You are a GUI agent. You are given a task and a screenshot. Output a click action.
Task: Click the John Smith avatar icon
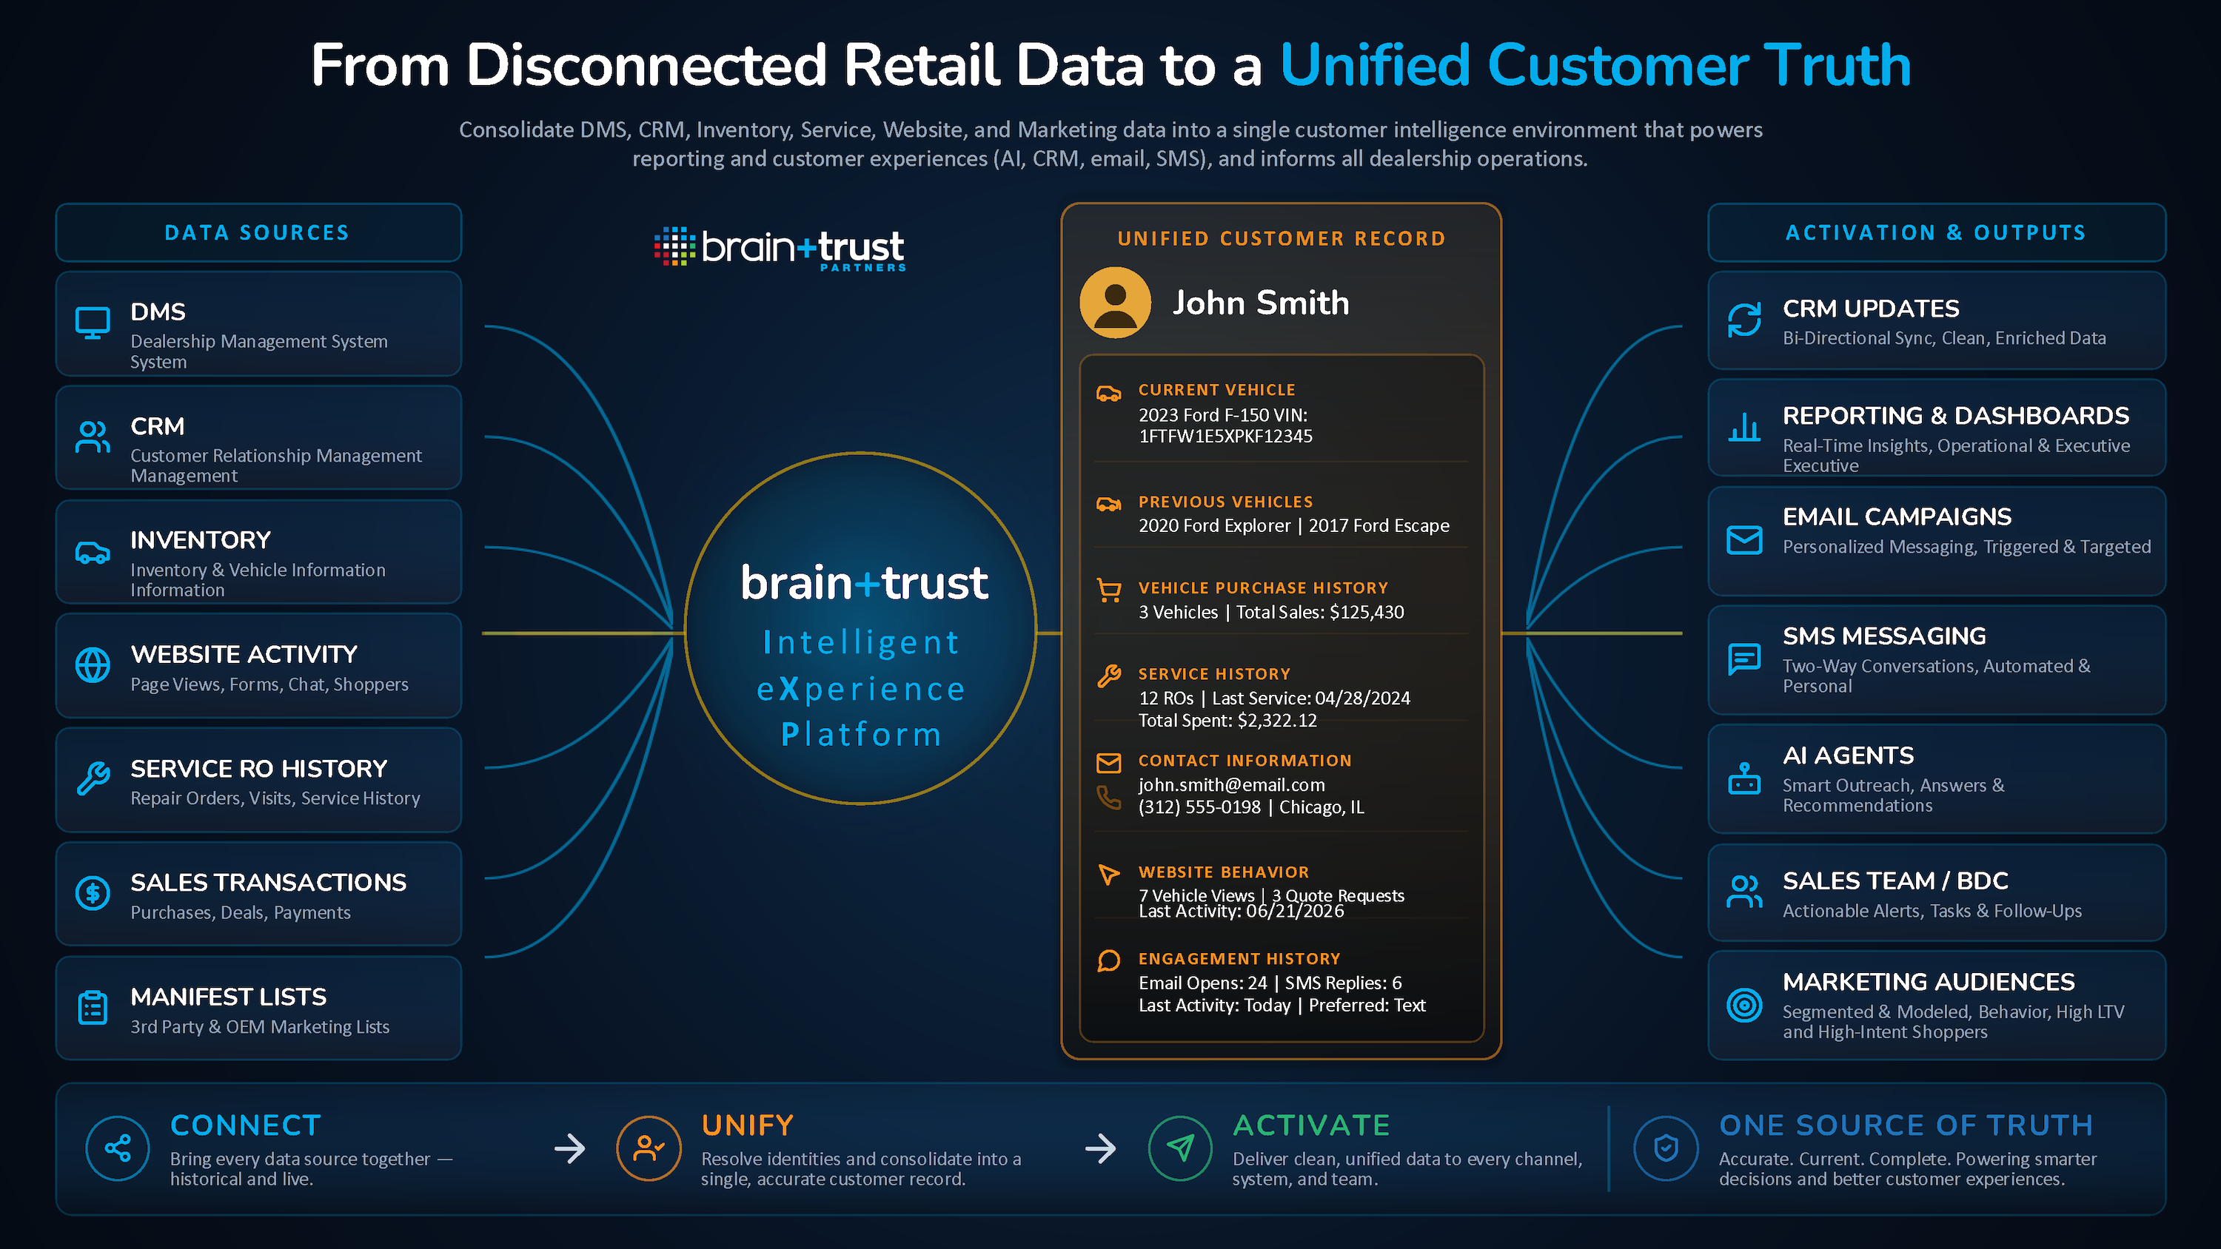1115,303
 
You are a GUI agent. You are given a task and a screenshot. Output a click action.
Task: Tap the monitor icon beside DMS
93,323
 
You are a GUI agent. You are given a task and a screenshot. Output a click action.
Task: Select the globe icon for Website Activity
93,665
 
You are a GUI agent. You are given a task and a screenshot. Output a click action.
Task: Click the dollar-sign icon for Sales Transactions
93,893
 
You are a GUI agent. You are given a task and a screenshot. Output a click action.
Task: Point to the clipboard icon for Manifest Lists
93,1007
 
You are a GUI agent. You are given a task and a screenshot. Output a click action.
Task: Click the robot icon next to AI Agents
1744,778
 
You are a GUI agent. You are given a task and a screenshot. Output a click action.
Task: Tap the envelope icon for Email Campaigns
1744,540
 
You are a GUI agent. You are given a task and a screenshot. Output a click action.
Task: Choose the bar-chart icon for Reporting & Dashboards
1744,427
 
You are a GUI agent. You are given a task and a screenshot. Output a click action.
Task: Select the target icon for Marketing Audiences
1744,1004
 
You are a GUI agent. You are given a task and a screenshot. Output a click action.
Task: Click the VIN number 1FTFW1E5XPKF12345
1225,436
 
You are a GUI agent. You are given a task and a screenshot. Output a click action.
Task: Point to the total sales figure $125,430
1367,612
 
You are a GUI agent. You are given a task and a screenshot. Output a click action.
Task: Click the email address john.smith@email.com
1231,784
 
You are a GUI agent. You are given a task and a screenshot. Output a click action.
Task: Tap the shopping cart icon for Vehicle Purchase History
1109,590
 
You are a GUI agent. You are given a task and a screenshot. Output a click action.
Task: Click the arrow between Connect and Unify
569,1148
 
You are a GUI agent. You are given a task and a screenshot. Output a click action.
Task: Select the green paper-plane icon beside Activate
1179,1148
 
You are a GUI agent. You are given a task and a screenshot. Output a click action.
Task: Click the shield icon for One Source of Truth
1666,1148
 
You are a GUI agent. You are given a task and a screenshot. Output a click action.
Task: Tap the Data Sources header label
257,233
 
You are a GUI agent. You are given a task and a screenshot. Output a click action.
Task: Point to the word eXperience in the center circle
860,689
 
